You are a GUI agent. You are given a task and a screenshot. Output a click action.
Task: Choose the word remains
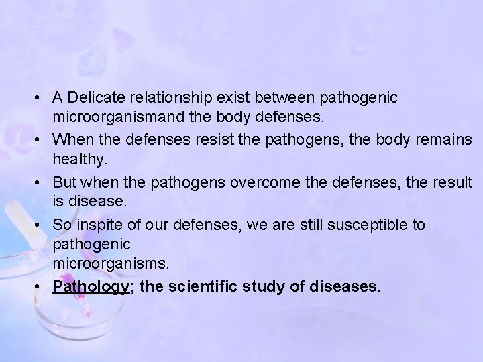coord(444,140)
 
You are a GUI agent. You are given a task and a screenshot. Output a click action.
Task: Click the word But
coord(64,182)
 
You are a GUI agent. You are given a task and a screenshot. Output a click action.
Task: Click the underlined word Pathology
coord(91,287)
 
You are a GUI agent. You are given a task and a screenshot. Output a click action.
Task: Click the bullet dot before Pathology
coord(43,287)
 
